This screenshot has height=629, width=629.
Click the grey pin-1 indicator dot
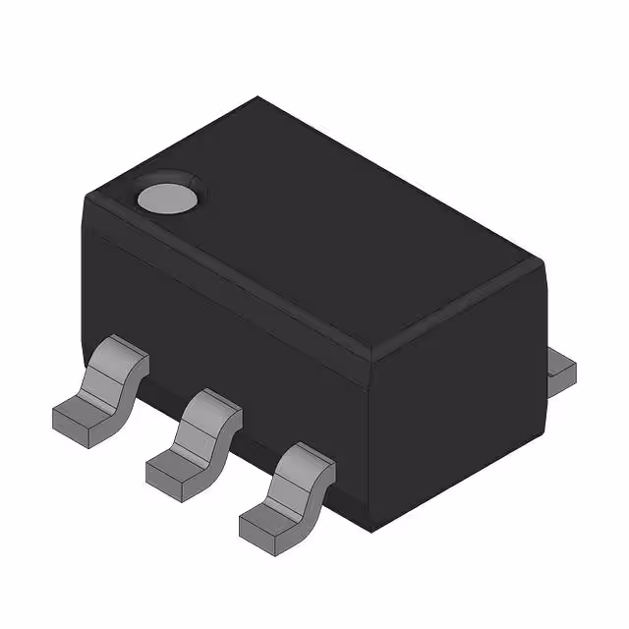166,197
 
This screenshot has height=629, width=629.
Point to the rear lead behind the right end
561,371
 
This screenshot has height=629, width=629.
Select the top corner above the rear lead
543,260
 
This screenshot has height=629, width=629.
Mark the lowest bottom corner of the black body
370,532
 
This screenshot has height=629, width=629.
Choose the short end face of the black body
457,423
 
